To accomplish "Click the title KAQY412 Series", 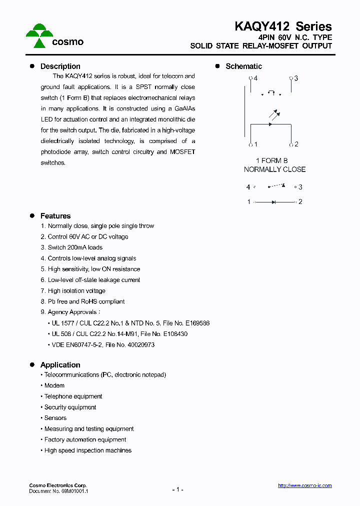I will click(x=283, y=26).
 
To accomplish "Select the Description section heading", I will click(x=60, y=66).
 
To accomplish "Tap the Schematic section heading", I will click(x=243, y=66).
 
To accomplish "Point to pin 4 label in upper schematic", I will click(x=255, y=78).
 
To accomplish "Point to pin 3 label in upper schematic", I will click(x=296, y=78).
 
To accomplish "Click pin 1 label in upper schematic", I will click(x=255, y=144).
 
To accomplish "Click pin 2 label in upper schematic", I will click(x=296, y=144).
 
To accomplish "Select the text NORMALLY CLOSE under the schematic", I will click(x=274, y=169).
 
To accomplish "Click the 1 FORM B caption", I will click(x=271, y=160).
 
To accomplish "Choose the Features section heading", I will click(x=55, y=216).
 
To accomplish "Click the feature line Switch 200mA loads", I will click(x=75, y=247).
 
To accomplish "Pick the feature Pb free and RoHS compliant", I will click(x=86, y=301).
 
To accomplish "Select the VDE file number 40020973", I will click(x=139, y=345).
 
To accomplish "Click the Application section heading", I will click(x=60, y=365).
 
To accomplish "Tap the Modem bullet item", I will click(x=54, y=385).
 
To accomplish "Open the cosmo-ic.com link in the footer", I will click(x=304, y=485).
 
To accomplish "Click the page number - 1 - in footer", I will click(x=177, y=489).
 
